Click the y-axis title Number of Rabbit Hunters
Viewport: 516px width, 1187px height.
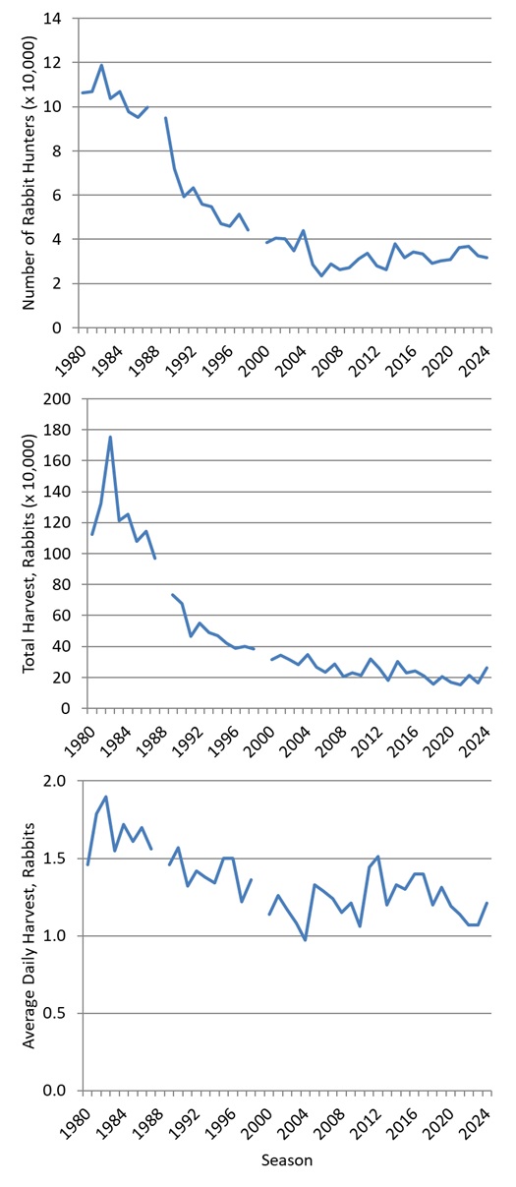pos(30,174)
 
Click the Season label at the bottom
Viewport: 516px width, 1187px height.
pos(287,1160)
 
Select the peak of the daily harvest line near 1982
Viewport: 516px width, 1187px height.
pos(105,797)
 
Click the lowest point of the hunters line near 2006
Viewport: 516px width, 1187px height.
pos(321,275)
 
